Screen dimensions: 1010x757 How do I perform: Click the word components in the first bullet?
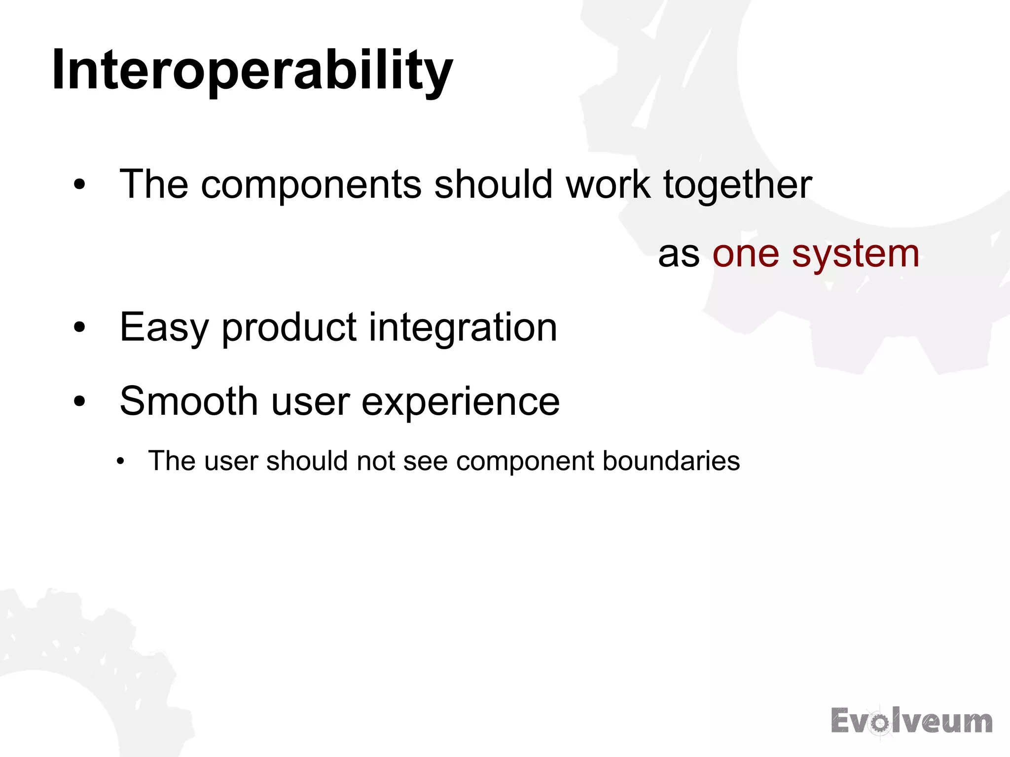(x=311, y=185)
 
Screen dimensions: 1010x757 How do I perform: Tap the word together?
(x=737, y=185)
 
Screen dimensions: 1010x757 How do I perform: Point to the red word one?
(x=745, y=254)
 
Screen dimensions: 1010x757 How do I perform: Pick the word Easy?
(x=164, y=328)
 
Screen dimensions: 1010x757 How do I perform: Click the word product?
(x=289, y=328)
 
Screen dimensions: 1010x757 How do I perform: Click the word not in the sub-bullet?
(x=376, y=461)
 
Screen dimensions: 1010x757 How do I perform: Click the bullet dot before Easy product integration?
(x=79, y=327)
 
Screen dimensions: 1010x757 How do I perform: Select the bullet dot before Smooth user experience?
(x=79, y=401)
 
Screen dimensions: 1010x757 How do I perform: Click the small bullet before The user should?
(x=121, y=462)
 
